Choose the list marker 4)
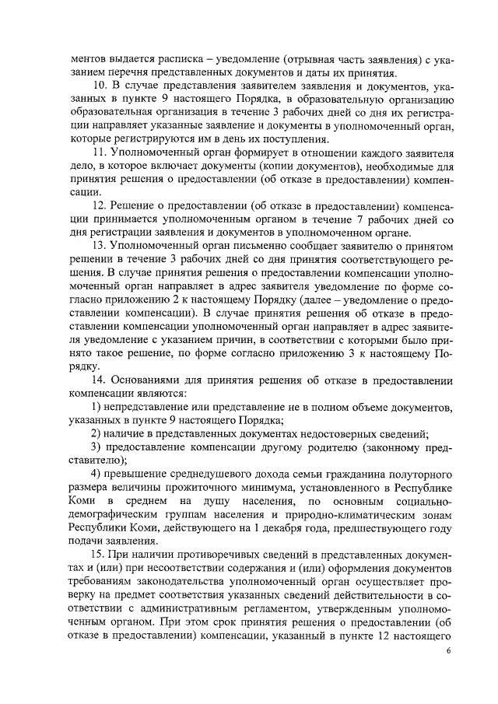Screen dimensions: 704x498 [x=97, y=475]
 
